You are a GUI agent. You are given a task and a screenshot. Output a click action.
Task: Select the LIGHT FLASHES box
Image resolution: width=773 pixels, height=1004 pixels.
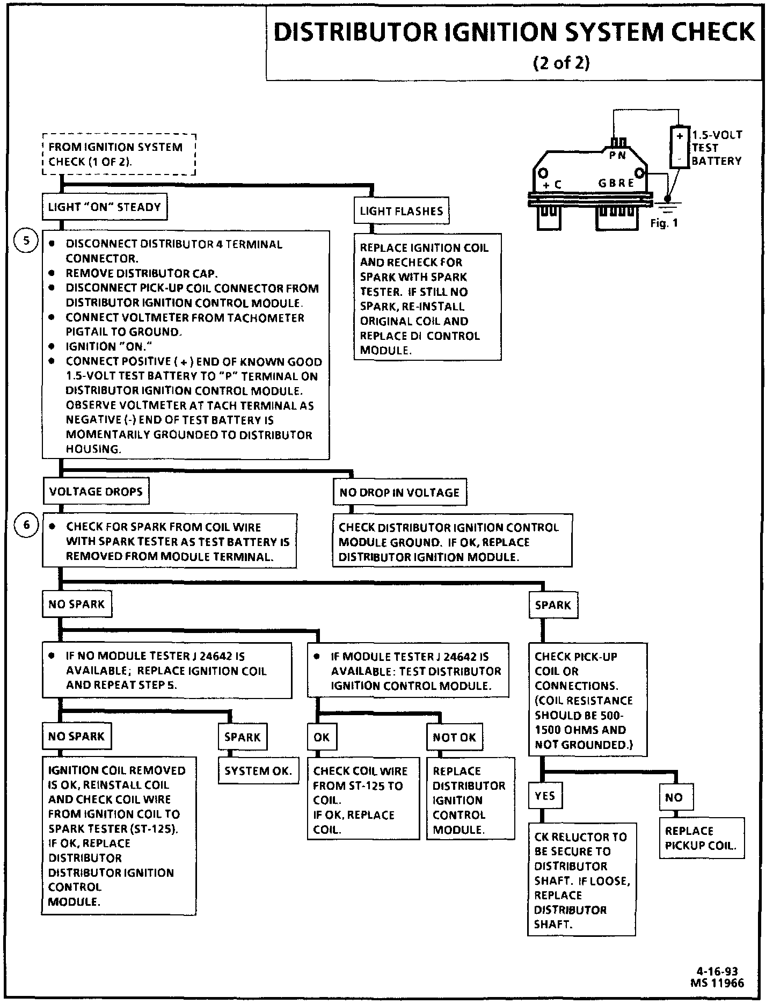tap(401, 211)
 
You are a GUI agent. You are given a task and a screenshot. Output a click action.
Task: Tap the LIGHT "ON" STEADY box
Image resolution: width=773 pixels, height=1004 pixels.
tap(104, 207)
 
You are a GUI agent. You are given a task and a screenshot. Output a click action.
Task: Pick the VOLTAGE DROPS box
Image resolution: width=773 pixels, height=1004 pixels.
tap(96, 492)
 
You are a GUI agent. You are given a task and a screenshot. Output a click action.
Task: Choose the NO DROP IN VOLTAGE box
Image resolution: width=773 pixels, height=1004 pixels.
tap(399, 492)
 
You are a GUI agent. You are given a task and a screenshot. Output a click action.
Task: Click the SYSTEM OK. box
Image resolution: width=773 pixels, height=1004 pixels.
tap(258, 771)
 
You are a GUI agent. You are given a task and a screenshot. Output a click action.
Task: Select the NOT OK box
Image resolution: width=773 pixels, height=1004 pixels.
tap(454, 737)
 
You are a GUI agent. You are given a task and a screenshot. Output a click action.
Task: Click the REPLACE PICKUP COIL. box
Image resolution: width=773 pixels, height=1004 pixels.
tap(701, 838)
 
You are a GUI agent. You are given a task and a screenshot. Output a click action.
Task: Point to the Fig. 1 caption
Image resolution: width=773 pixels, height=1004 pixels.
tap(664, 223)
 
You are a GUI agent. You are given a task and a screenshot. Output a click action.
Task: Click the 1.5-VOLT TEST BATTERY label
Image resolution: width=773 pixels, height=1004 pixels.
tap(716, 148)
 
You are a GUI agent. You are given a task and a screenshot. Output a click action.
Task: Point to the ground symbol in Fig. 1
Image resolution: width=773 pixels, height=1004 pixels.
tap(669, 203)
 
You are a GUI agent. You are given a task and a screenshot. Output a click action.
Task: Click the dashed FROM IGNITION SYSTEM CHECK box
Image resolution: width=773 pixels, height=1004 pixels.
tap(119, 155)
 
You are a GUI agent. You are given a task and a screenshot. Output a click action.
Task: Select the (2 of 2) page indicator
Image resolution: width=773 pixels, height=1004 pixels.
tap(561, 63)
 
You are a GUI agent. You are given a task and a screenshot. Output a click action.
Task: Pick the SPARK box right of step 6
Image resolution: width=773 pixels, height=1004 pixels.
tap(552, 605)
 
